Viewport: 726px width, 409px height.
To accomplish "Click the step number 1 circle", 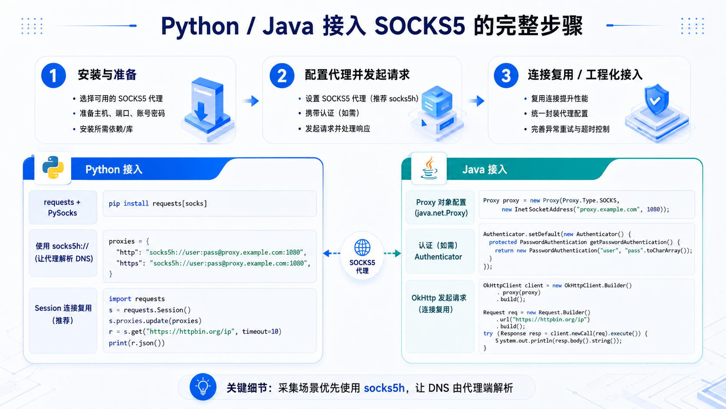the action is tap(53, 75).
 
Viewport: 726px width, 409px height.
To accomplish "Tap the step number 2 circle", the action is tap(282, 75).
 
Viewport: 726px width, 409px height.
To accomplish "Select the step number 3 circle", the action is tap(506, 75).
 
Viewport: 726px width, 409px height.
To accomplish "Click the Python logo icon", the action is tap(53, 167).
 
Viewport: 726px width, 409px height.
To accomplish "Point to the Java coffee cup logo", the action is tap(429, 168).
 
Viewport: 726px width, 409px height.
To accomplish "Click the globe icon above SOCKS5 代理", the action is tap(362, 247).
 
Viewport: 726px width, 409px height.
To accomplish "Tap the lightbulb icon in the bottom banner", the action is tap(203, 387).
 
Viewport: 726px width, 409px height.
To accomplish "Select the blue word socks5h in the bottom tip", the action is tap(384, 388).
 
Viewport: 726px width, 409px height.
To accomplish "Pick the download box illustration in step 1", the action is tap(208, 109).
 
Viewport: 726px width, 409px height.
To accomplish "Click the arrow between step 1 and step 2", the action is tap(251, 101).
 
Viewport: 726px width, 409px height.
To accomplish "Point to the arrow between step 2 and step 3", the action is tap(476, 101).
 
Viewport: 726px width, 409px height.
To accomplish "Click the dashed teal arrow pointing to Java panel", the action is tap(393, 253).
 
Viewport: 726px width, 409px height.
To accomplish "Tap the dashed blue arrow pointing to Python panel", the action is tap(332, 253).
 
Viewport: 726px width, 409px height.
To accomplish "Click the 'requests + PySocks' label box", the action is tap(63, 207).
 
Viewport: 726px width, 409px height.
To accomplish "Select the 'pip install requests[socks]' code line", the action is tap(158, 203).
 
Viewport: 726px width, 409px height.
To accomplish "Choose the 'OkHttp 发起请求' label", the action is tap(439, 298).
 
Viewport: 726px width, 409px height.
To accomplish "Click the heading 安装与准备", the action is tap(107, 75).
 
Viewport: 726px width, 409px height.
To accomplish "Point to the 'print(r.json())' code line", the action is tap(137, 343).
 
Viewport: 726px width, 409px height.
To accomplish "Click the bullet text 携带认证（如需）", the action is tap(333, 113).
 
